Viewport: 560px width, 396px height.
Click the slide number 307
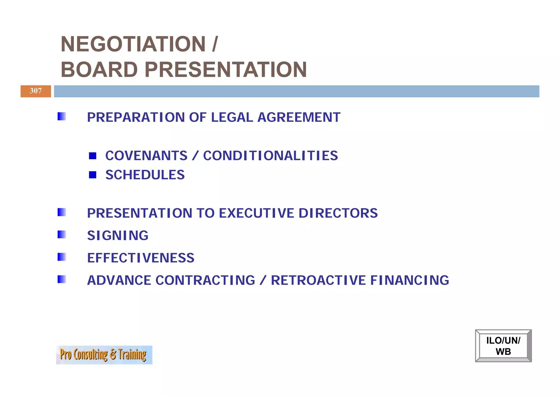tap(36, 91)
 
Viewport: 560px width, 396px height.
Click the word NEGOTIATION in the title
tap(133, 44)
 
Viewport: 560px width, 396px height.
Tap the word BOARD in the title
tap(99, 70)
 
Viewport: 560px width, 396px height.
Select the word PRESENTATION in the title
tap(226, 70)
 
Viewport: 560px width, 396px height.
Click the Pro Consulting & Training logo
tap(104, 355)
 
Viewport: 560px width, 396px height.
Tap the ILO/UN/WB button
tap(503, 346)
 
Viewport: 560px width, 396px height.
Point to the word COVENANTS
tap(146, 156)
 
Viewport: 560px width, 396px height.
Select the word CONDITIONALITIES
tap(270, 156)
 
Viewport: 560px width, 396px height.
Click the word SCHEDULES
tap(145, 175)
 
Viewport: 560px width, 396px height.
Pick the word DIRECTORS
tap(338, 213)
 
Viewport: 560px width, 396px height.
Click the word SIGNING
tap(118, 236)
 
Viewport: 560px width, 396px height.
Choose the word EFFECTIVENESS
tap(141, 258)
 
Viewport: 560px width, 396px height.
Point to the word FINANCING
tap(410, 280)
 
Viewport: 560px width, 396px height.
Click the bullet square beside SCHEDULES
tap(93, 175)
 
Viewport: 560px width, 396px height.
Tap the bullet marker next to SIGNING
tap(62, 235)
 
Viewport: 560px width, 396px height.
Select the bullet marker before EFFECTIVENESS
tap(62, 257)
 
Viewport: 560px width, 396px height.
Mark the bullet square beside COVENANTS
tap(93, 156)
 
